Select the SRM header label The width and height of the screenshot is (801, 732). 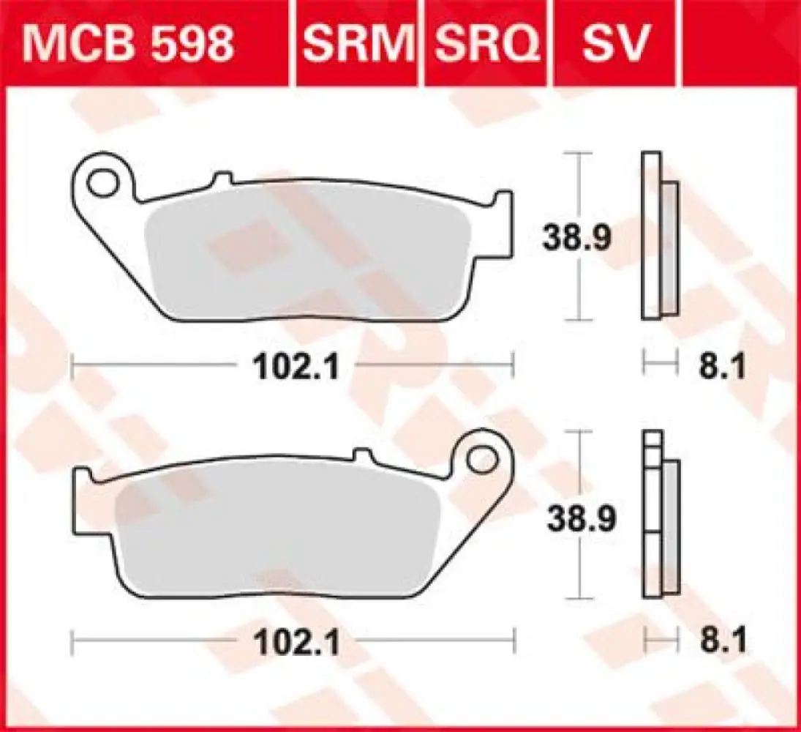(x=358, y=45)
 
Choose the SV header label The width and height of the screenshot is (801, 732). (x=614, y=45)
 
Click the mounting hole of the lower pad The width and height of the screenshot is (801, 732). (x=481, y=460)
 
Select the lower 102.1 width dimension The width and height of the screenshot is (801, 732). (x=296, y=643)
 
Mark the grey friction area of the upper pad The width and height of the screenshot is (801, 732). (x=307, y=260)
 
